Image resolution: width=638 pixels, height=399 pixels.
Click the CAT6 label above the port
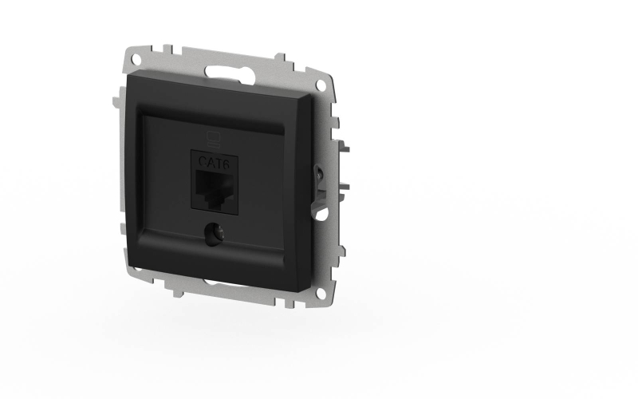tap(214, 163)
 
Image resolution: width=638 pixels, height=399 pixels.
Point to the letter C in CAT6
tap(203, 162)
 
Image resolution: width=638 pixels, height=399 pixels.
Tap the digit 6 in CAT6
tap(226, 164)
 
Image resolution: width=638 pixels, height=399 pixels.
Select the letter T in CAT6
tap(218, 164)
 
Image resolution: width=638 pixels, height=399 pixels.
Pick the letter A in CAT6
tap(210, 163)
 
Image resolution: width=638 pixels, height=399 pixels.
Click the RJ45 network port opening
tap(214, 188)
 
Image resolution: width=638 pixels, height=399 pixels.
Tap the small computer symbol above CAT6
tap(213, 139)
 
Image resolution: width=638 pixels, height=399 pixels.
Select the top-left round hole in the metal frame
tap(136, 59)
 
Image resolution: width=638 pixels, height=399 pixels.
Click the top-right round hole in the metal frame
tap(321, 85)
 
